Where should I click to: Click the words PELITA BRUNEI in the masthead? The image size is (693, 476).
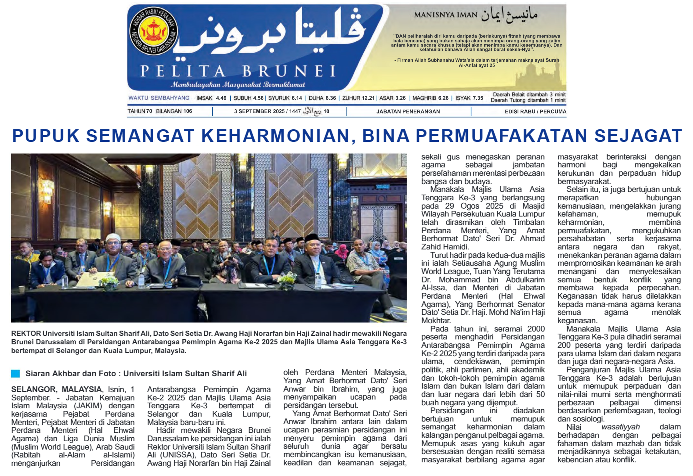238,72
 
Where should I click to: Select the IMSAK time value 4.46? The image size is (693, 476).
221,98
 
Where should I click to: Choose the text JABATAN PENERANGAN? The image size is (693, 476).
408,112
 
